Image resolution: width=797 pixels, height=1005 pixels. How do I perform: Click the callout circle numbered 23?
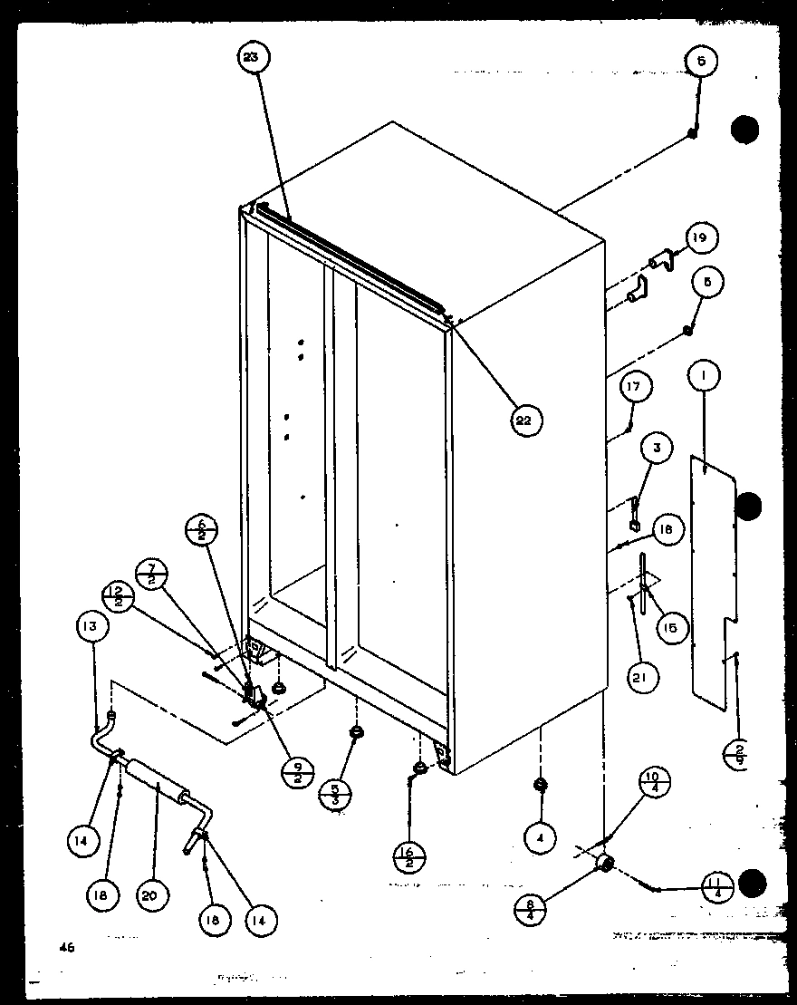tap(251, 57)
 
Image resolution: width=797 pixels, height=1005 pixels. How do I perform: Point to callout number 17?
tap(635, 387)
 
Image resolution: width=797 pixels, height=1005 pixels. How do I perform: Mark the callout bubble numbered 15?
tap(671, 626)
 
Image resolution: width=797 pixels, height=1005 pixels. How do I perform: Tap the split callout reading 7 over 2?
tap(149, 575)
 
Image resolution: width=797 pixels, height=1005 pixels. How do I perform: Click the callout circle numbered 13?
tap(92, 626)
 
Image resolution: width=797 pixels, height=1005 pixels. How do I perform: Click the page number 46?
tap(65, 948)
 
